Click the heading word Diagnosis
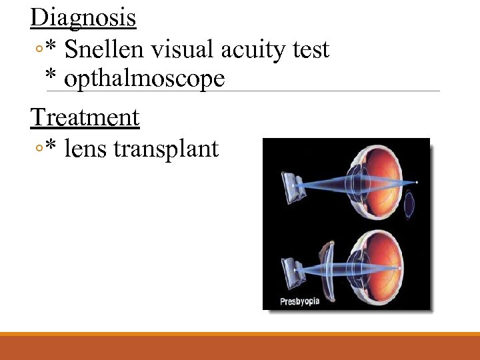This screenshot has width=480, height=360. coord(83,17)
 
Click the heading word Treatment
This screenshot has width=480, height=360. coord(85,117)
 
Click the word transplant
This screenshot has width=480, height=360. coord(166,150)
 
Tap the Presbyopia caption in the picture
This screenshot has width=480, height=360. coord(299,301)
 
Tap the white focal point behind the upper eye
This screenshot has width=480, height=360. coord(417,182)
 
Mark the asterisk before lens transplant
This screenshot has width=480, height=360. coord(51,149)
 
